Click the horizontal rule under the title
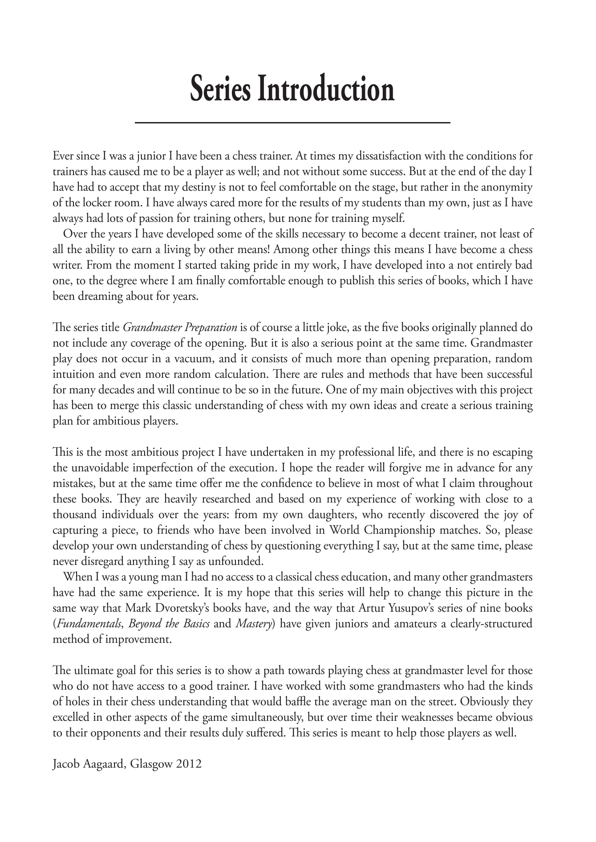coord(292,122)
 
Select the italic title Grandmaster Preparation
coord(179,328)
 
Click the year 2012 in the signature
coord(190,765)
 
